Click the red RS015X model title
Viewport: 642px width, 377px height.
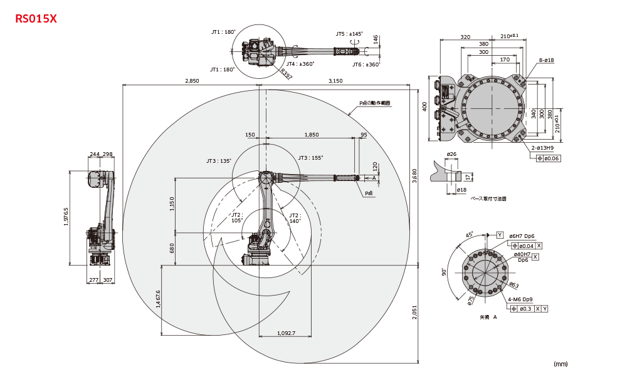[36, 19]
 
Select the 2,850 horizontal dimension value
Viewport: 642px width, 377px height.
[192, 81]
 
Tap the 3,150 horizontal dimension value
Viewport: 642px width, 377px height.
[335, 81]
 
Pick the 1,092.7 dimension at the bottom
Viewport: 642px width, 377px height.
[285, 333]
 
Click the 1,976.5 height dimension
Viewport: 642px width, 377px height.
[66, 217]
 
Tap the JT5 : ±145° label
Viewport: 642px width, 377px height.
[349, 34]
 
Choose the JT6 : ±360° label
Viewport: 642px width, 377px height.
[366, 65]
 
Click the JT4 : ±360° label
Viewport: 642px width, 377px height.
[300, 64]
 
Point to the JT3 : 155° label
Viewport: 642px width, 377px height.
[310, 158]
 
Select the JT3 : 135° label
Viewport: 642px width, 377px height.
[219, 161]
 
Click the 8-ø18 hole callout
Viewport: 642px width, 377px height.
[545, 60]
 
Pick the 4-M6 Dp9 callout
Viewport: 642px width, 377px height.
[521, 299]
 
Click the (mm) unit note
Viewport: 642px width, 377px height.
[560, 363]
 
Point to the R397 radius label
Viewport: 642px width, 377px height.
[286, 75]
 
